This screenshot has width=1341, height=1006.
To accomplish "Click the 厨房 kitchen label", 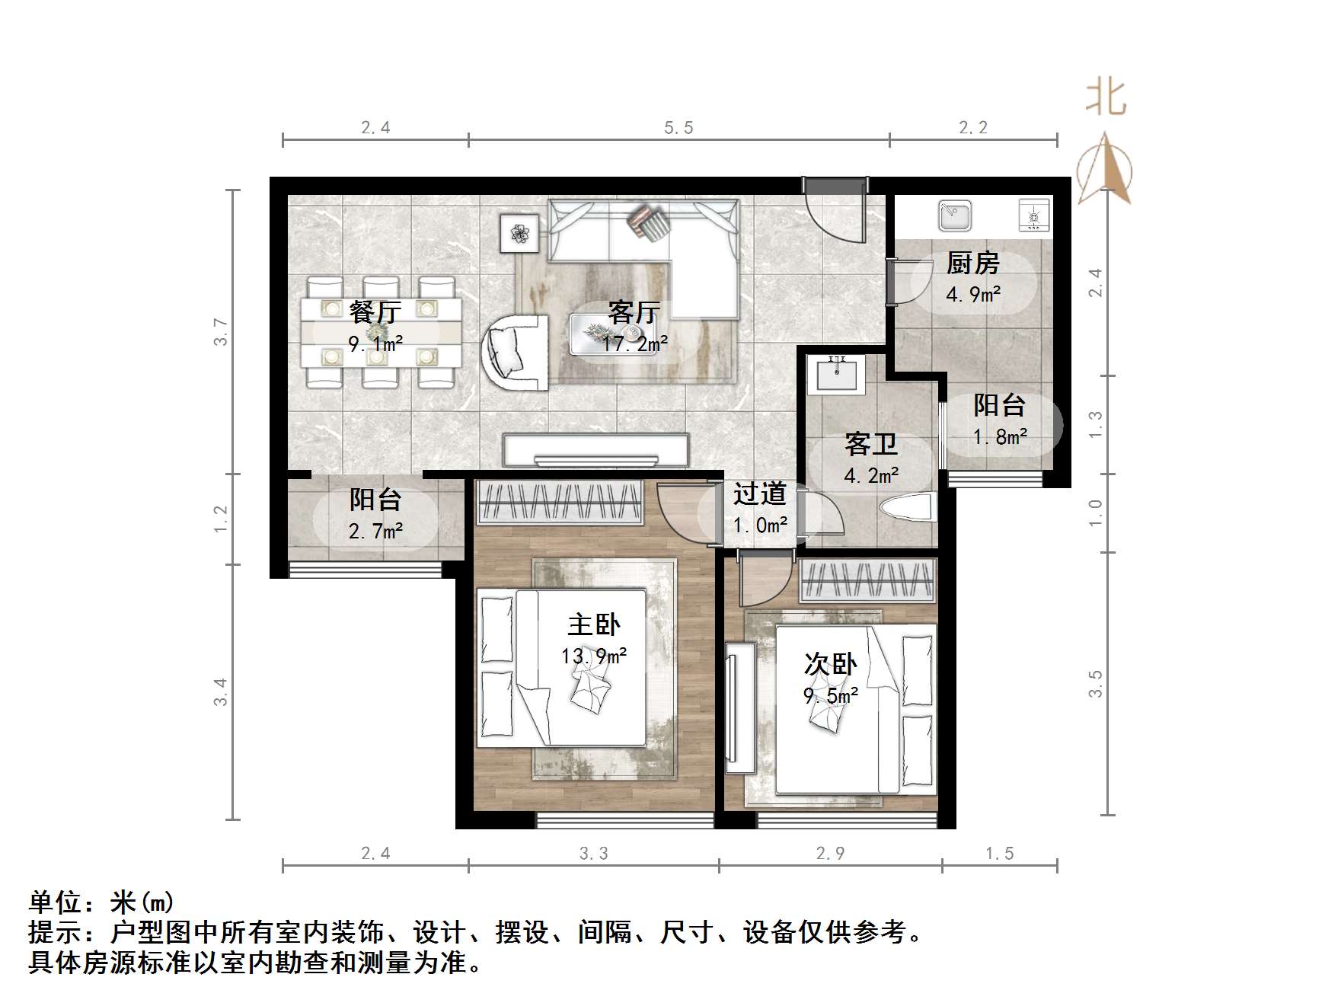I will (972, 263).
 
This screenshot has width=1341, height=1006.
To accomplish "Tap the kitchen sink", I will (955, 215).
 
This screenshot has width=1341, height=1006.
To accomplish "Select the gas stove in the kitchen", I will (1034, 215).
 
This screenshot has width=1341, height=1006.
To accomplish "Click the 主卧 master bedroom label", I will (593, 625).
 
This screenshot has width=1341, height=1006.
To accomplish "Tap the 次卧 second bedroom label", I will (830, 665).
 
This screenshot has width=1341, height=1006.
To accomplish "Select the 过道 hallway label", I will (759, 494).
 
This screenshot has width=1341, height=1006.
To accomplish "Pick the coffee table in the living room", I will (602, 334).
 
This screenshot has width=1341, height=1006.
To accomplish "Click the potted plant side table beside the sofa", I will (519, 233).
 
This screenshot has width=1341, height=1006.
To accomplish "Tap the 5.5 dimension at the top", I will (678, 128).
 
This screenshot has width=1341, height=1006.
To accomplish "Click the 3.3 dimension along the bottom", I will (593, 854).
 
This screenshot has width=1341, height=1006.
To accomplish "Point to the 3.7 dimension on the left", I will (221, 332).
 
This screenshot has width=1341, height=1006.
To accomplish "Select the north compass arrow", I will (1105, 169).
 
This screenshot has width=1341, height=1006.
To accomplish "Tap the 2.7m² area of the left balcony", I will (375, 531).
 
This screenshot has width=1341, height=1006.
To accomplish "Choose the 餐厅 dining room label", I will (375, 312).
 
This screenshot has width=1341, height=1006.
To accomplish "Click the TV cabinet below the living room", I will (595, 450).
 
